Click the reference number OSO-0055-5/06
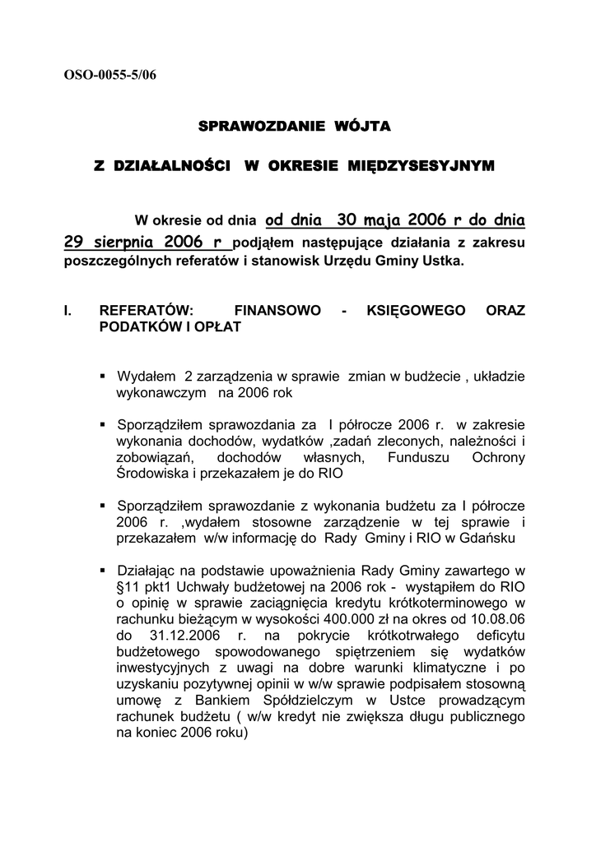(109, 76)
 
